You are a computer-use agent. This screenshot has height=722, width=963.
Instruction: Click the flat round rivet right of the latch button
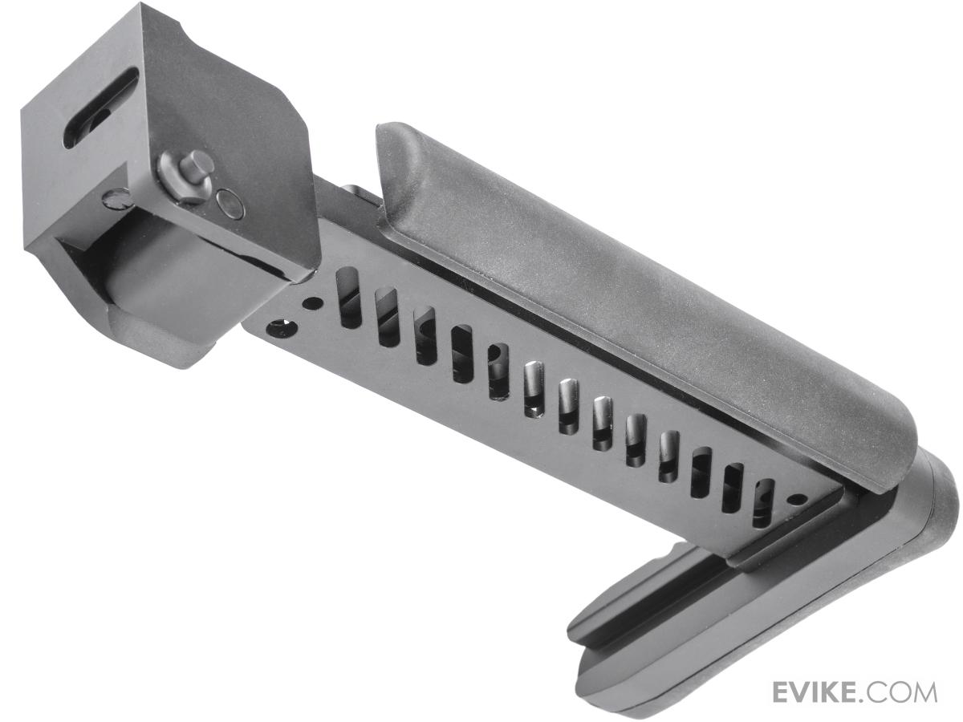[x=232, y=204]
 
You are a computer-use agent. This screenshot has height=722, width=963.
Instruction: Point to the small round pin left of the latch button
[x=116, y=197]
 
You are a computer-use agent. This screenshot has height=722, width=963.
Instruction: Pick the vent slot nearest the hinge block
[x=350, y=298]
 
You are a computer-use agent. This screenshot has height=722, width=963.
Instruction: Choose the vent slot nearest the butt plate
[x=762, y=503]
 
